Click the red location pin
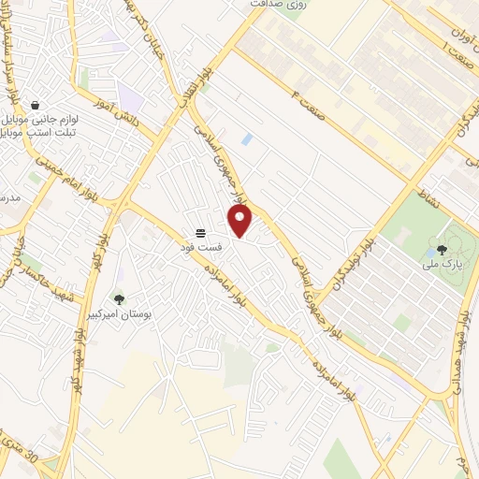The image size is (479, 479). click(x=240, y=221)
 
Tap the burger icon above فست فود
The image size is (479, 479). click(x=200, y=233)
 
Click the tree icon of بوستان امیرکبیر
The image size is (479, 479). click(x=119, y=299)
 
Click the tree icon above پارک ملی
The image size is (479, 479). click(x=441, y=250)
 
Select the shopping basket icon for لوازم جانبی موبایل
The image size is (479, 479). click(x=35, y=105)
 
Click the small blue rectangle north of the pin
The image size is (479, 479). click(x=246, y=139)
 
